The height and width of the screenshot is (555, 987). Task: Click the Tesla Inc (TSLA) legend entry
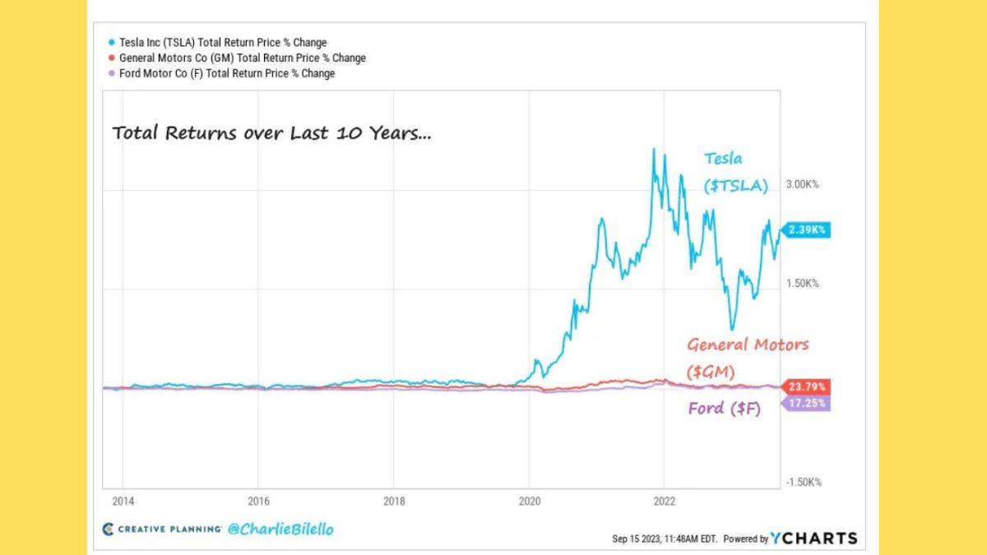click(x=222, y=42)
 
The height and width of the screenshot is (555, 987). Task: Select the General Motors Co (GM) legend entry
click(x=243, y=58)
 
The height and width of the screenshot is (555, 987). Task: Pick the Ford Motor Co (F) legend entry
click(x=227, y=73)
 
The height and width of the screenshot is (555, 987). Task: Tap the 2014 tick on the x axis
click(x=123, y=501)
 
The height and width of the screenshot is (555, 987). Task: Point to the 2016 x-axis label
click(x=258, y=501)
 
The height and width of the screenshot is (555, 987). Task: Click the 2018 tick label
click(x=394, y=501)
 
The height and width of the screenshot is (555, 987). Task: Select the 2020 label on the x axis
click(x=530, y=501)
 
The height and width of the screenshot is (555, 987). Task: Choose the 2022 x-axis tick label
click(x=665, y=501)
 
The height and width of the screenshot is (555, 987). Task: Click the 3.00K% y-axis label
click(x=802, y=185)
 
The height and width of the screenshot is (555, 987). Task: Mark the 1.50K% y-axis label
click(x=802, y=284)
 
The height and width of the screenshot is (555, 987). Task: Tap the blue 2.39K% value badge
click(x=807, y=230)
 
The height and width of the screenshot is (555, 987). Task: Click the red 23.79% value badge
click(x=807, y=386)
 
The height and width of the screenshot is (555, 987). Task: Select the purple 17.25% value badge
click(x=807, y=404)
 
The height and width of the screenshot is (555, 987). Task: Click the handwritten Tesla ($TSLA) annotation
click(x=734, y=173)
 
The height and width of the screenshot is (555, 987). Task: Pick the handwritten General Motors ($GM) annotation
click(x=748, y=357)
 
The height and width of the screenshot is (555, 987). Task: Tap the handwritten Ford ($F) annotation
click(x=724, y=408)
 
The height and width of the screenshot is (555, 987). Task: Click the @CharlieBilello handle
click(x=280, y=530)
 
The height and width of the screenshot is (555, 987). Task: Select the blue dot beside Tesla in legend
click(x=111, y=42)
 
